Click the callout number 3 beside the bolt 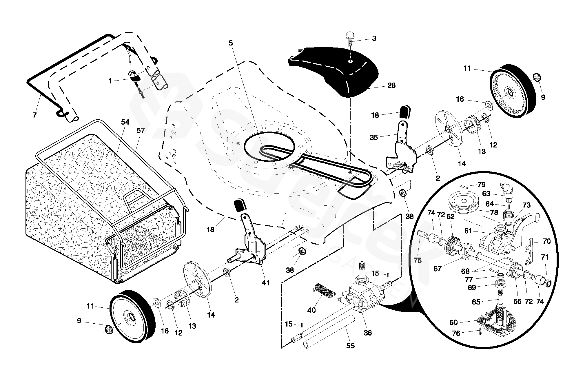click(374, 39)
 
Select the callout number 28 click(391, 85)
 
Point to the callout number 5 click(231, 43)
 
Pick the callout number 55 click(351, 346)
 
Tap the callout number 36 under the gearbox click(367, 333)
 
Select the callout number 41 click(265, 282)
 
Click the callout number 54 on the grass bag click(125, 122)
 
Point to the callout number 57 click(141, 131)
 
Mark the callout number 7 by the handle click(35, 115)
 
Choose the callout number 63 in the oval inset click(486, 194)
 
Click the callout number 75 click(418, 260)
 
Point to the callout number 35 click(374, 137)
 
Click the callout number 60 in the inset click(453, 322)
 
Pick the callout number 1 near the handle click(110, 81)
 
